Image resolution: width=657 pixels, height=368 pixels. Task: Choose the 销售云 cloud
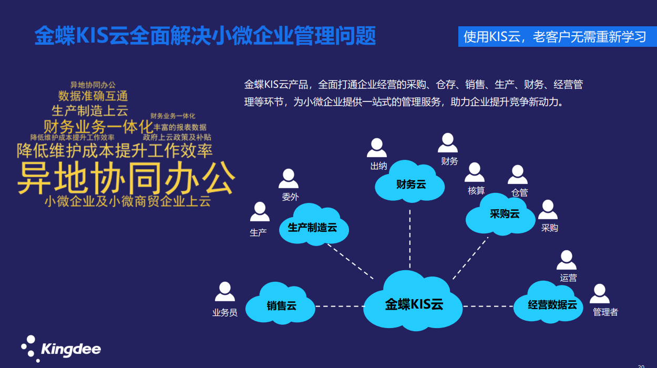click(281, 304)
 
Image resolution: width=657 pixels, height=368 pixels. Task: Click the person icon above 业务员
click(224, 292)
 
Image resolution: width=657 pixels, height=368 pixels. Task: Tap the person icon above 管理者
click(599, 293)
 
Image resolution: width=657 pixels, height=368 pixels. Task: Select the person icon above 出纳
click(377, 148)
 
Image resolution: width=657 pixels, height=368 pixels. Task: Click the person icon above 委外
click(289, 179)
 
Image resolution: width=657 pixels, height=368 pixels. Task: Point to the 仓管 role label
click(519, 192)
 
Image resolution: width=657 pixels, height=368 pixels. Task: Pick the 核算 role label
click(476, 190)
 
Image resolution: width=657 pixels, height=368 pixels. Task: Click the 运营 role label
click(568, 278)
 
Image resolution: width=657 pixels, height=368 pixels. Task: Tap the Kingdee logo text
click(70, 349)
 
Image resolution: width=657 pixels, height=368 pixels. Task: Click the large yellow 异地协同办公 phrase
click(126, 178)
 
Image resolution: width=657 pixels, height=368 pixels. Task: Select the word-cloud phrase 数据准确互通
click(93, 96)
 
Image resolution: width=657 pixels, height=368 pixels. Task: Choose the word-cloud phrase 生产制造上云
click(90, 110)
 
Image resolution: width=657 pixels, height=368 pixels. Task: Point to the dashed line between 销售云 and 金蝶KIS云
click(339, 305)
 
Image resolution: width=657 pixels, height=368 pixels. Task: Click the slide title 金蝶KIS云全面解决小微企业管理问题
click(205, 36)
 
